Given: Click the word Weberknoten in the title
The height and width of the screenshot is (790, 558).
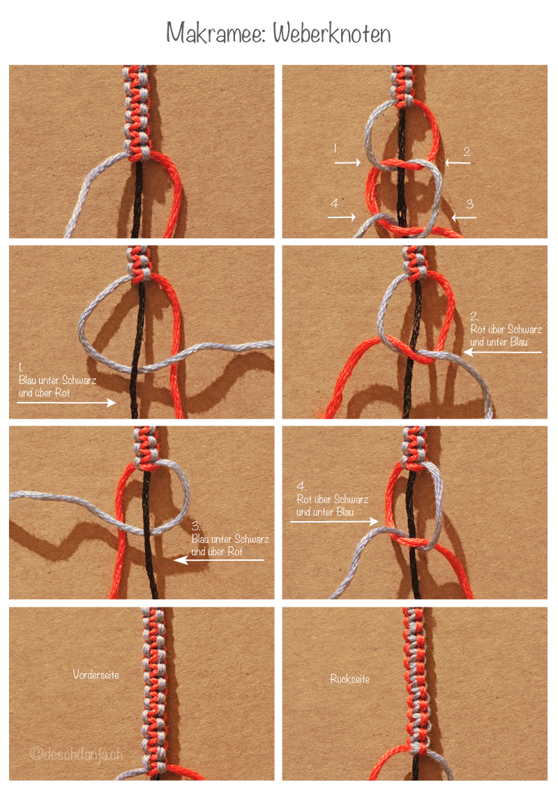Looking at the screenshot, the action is pyautogui.click(x=332, y=33).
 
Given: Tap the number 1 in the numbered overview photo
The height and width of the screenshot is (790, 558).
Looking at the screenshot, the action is pyautogui.click(x=335, y=148).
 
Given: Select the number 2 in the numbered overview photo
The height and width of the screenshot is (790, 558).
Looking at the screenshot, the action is pyautogui.click(x=467, y=151).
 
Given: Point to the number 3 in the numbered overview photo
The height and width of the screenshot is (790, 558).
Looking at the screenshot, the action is pyautogui.click(x=469, y=203).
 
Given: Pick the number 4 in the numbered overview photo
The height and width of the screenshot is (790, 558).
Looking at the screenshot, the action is pyautogui.click(x=334, y=203).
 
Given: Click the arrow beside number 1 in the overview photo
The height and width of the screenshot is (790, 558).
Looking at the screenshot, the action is pyautogui.click(x=347, y=162).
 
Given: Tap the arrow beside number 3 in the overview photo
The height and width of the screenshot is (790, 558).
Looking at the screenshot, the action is pyautogui.click(x=464, y=217).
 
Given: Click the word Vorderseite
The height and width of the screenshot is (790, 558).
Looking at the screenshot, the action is pyautogui.click(x=96, y=674).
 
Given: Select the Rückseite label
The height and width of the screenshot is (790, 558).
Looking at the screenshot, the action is pyautogui.click(x=349, y=679).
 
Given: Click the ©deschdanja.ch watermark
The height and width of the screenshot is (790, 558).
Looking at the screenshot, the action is pyautogui.click(x=76, y=754).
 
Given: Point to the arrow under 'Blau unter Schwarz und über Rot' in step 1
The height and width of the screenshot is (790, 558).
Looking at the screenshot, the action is pyautogui.click(x=66, y=402).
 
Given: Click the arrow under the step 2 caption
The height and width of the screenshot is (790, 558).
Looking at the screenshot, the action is pyautogui.click(x=502, y=352).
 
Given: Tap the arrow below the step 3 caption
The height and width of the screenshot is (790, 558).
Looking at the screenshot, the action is pyautogui.click(x=219, y=559).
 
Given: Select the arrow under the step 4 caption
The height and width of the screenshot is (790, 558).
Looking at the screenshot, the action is pyautogui.click(x=335, y=521).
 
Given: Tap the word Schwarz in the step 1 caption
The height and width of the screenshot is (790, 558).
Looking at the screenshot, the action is pyautogui.click(x=79, y=380).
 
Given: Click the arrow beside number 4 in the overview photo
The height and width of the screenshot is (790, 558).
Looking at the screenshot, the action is pyautogui.click(x=342, y=217).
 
